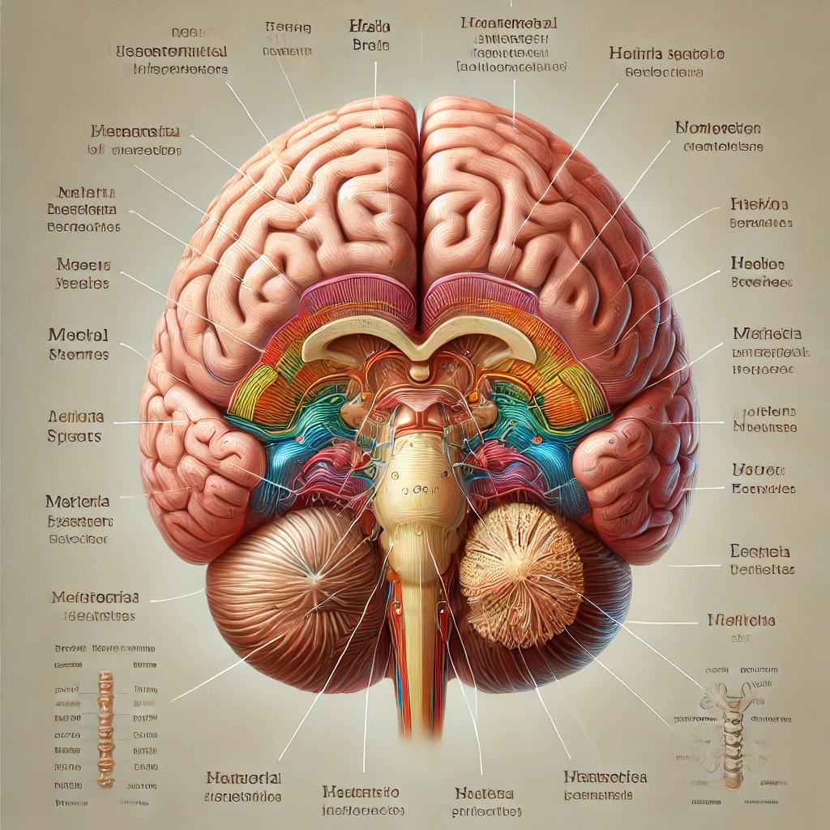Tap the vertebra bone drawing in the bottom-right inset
click(x=727, y=729)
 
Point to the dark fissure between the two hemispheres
click(x=419, y=203)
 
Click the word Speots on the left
click(x=75, y=436)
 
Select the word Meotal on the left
click(x=78, y=335)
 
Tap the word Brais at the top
click(x=371, y=46)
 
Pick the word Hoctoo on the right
click(x=757, y=263)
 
